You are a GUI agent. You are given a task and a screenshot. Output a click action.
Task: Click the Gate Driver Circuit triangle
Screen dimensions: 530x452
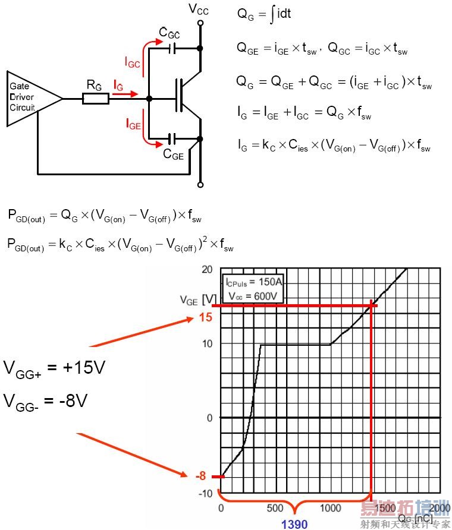coord(30,99)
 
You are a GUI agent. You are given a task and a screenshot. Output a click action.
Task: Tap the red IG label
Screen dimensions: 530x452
coord(120,86)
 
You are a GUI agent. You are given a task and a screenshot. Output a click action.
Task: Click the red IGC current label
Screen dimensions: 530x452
coord(133,61)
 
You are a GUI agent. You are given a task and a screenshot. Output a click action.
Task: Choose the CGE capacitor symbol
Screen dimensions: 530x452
coord(173,139)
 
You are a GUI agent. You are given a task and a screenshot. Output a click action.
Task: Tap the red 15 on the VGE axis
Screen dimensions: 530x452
coord(206,317)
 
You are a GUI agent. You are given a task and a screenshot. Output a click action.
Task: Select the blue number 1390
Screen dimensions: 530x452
coord(294,523)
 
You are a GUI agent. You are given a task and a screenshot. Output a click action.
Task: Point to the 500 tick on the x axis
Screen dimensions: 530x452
coord(275,508)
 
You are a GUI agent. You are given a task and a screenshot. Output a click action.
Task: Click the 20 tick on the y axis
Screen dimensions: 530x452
coord(206,269)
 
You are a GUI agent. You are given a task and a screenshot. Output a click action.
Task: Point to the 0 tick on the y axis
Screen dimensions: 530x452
coord(209,418)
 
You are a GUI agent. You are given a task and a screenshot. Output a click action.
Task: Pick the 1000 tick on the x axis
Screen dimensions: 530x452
coord(330,508)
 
